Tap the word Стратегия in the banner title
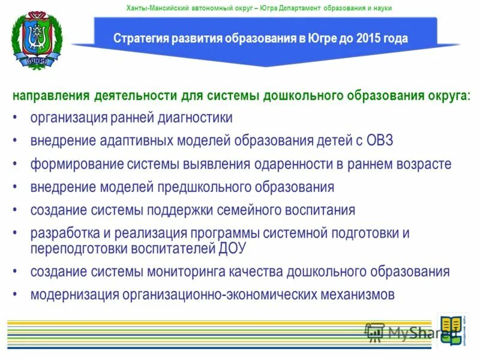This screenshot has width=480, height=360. [x=139, y=39]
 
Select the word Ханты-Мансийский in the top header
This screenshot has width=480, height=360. [x=154, y=8]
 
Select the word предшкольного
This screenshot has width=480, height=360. [x=194, y=187]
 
